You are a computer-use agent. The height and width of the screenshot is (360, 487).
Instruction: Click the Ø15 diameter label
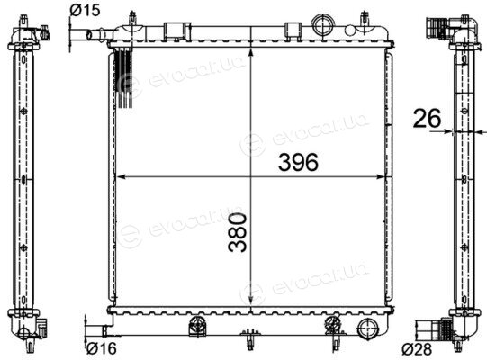(85, 10)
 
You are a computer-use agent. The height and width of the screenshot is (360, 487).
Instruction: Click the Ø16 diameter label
(101, 348)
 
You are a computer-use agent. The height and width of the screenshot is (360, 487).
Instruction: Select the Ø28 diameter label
(417, 349)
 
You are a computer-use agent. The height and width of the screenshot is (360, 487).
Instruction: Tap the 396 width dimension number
(298, 163)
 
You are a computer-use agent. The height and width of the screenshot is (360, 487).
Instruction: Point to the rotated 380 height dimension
(238, 231)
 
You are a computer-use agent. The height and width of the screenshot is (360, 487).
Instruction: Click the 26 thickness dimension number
(427, 118)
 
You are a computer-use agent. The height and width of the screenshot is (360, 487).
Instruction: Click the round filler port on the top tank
(323, 26)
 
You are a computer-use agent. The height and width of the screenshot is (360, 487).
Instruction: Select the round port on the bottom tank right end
(368, 328)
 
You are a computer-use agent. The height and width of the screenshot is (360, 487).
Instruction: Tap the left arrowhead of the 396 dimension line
(120, 177)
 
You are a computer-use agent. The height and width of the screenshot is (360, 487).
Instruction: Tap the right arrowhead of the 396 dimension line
(381, 177)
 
